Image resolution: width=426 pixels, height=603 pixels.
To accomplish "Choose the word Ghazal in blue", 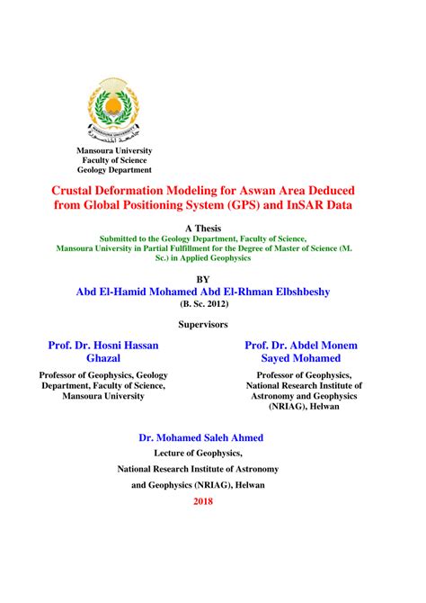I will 102,358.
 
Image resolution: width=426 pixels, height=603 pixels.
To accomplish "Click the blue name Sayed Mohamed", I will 301,358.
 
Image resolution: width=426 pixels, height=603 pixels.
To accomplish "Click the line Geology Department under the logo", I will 114,169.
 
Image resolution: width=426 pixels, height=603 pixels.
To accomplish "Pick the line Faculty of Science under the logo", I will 114,159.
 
